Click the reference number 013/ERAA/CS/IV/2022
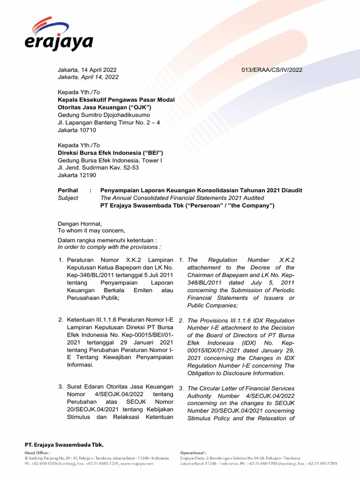pyautogui.click(x=272, y=70)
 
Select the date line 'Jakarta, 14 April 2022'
pyautogui.click(x=87, y=70)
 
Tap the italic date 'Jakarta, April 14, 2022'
pyautogui.click(x=88, y=77)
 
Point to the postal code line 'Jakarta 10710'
pyautogui.click(x=77, y=130)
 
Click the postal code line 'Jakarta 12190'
pyautogui.click(x=77, y=175)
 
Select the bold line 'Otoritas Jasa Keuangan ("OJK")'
pyautogui.click(x=105, y=107)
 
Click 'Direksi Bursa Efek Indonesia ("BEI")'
pyautogui.click(x=110, y=153)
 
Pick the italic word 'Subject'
pyautogui.click(x=68, y=198)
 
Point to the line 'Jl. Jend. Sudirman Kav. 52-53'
pyautogui.click(x=98, y=167)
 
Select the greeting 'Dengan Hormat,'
pyautogui.click(x=80, y=223)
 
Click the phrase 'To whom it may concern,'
pyautogui.click(x=91, y=230)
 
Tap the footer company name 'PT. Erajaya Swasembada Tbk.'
pyautogui.click(x=64, y=444)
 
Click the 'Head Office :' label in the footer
pyautogui.click(x=37, y=453)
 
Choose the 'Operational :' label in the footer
pyautogui.click(x=193, y=453)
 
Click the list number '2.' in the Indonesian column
pyautogui.click(x=61, y=320)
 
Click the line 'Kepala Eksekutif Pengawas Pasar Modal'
pyautogui.click(x=116, y=100)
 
